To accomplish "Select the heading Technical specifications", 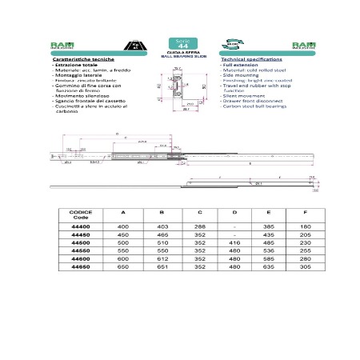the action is pyautogui.click(x=248, y=60).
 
